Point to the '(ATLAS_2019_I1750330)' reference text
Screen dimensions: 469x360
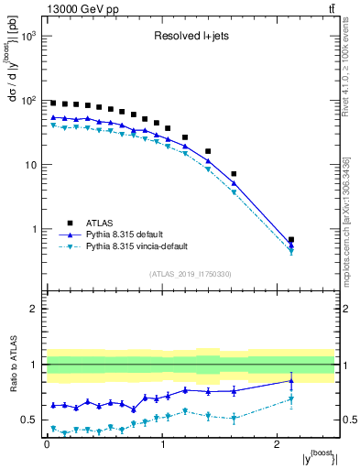(190, 274)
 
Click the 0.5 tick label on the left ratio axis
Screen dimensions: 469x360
(28, 420)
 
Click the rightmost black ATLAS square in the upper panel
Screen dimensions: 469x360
(291, 240)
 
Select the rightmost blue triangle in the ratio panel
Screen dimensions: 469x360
(291, 380)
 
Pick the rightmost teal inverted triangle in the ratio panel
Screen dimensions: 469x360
(291, 398)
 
